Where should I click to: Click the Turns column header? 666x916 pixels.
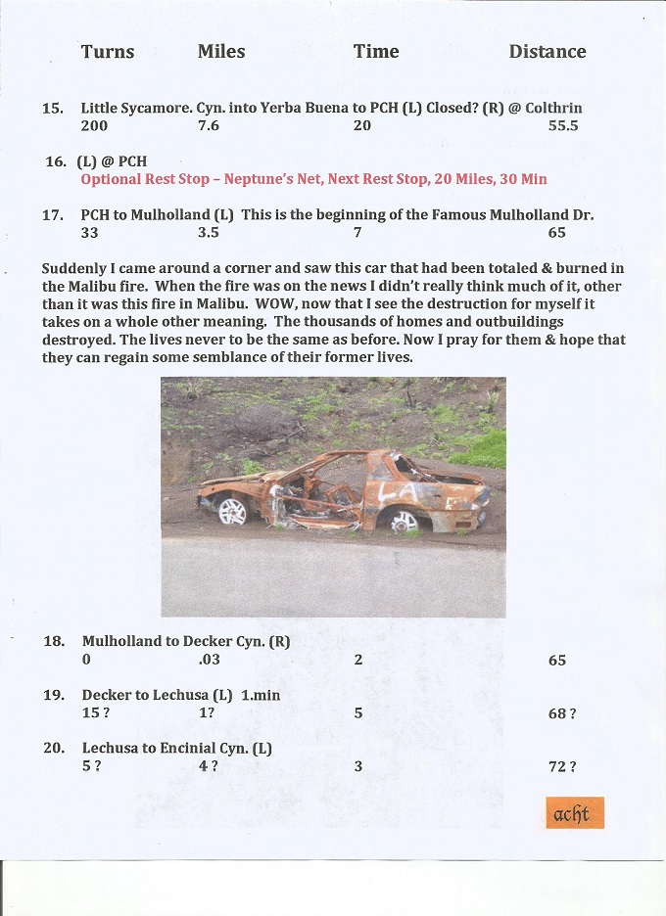pos(108,52)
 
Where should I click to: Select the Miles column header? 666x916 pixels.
pos(221,52)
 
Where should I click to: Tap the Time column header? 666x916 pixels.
pos(376,52)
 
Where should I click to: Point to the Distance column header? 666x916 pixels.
pos(547,52)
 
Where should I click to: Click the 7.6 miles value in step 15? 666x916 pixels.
pos(209,126)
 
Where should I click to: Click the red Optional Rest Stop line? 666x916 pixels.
pos(313,179)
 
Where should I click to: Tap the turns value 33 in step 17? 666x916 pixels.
pos(90,233)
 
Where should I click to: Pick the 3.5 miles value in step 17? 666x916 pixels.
pos(209,233)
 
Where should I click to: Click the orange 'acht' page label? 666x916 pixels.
pos(574,814)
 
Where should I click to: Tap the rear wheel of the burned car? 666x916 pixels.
pos(404,520)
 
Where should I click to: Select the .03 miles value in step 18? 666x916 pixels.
pos(209,661)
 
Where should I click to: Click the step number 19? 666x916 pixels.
pos(54,696)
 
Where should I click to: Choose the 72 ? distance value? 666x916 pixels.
pos(561,767)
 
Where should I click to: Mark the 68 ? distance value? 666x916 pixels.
pos(561,714)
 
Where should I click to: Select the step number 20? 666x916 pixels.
pos(54,749)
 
